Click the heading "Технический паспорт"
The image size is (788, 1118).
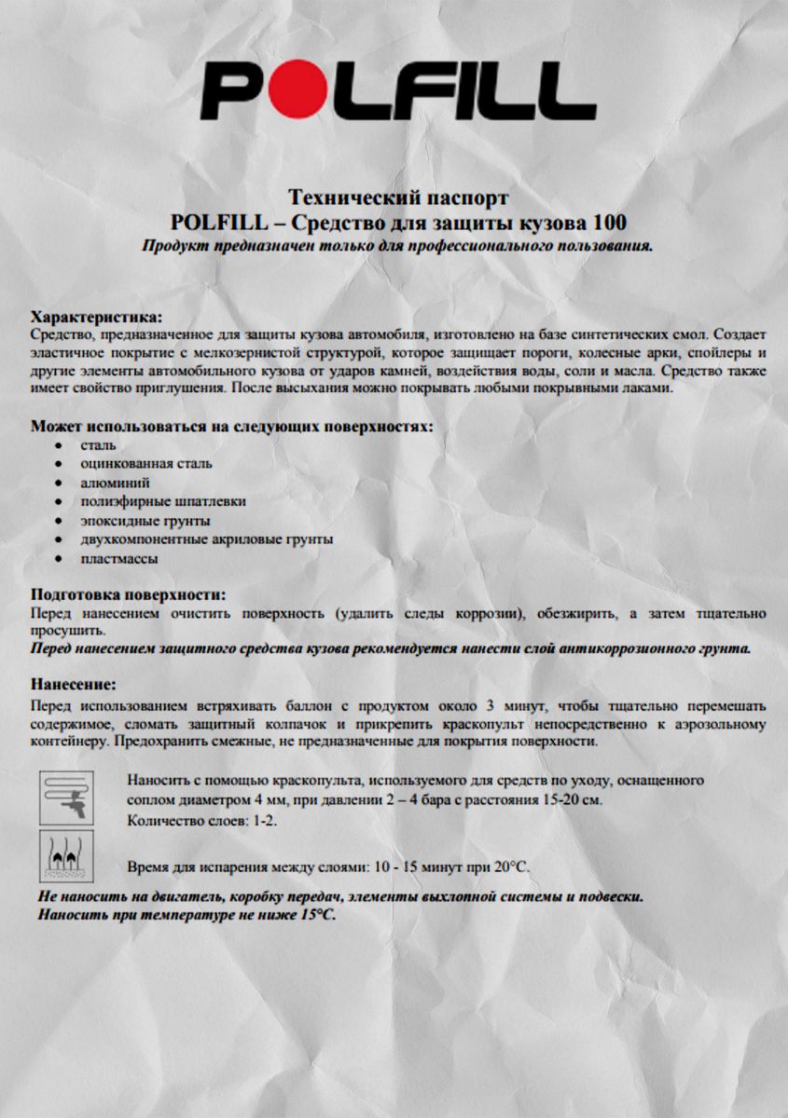coord(399,198)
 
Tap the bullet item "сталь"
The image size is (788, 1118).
coord(98,444)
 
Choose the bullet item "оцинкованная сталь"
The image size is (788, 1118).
coord(146,463)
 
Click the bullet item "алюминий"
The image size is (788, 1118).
coord(116,483)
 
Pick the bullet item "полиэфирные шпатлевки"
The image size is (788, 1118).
coord(163,501)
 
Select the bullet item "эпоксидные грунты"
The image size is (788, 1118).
coord(145,520)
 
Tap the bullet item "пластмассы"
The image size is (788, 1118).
coord(118,559)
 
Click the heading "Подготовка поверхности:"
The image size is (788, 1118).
coord(129,594)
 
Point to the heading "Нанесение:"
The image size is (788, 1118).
coord(73,684)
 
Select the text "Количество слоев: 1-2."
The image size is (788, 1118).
coord(201,821)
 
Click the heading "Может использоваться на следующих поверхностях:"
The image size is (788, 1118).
coord(232,426)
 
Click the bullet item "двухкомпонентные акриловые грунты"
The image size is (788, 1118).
coord(207,539)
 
